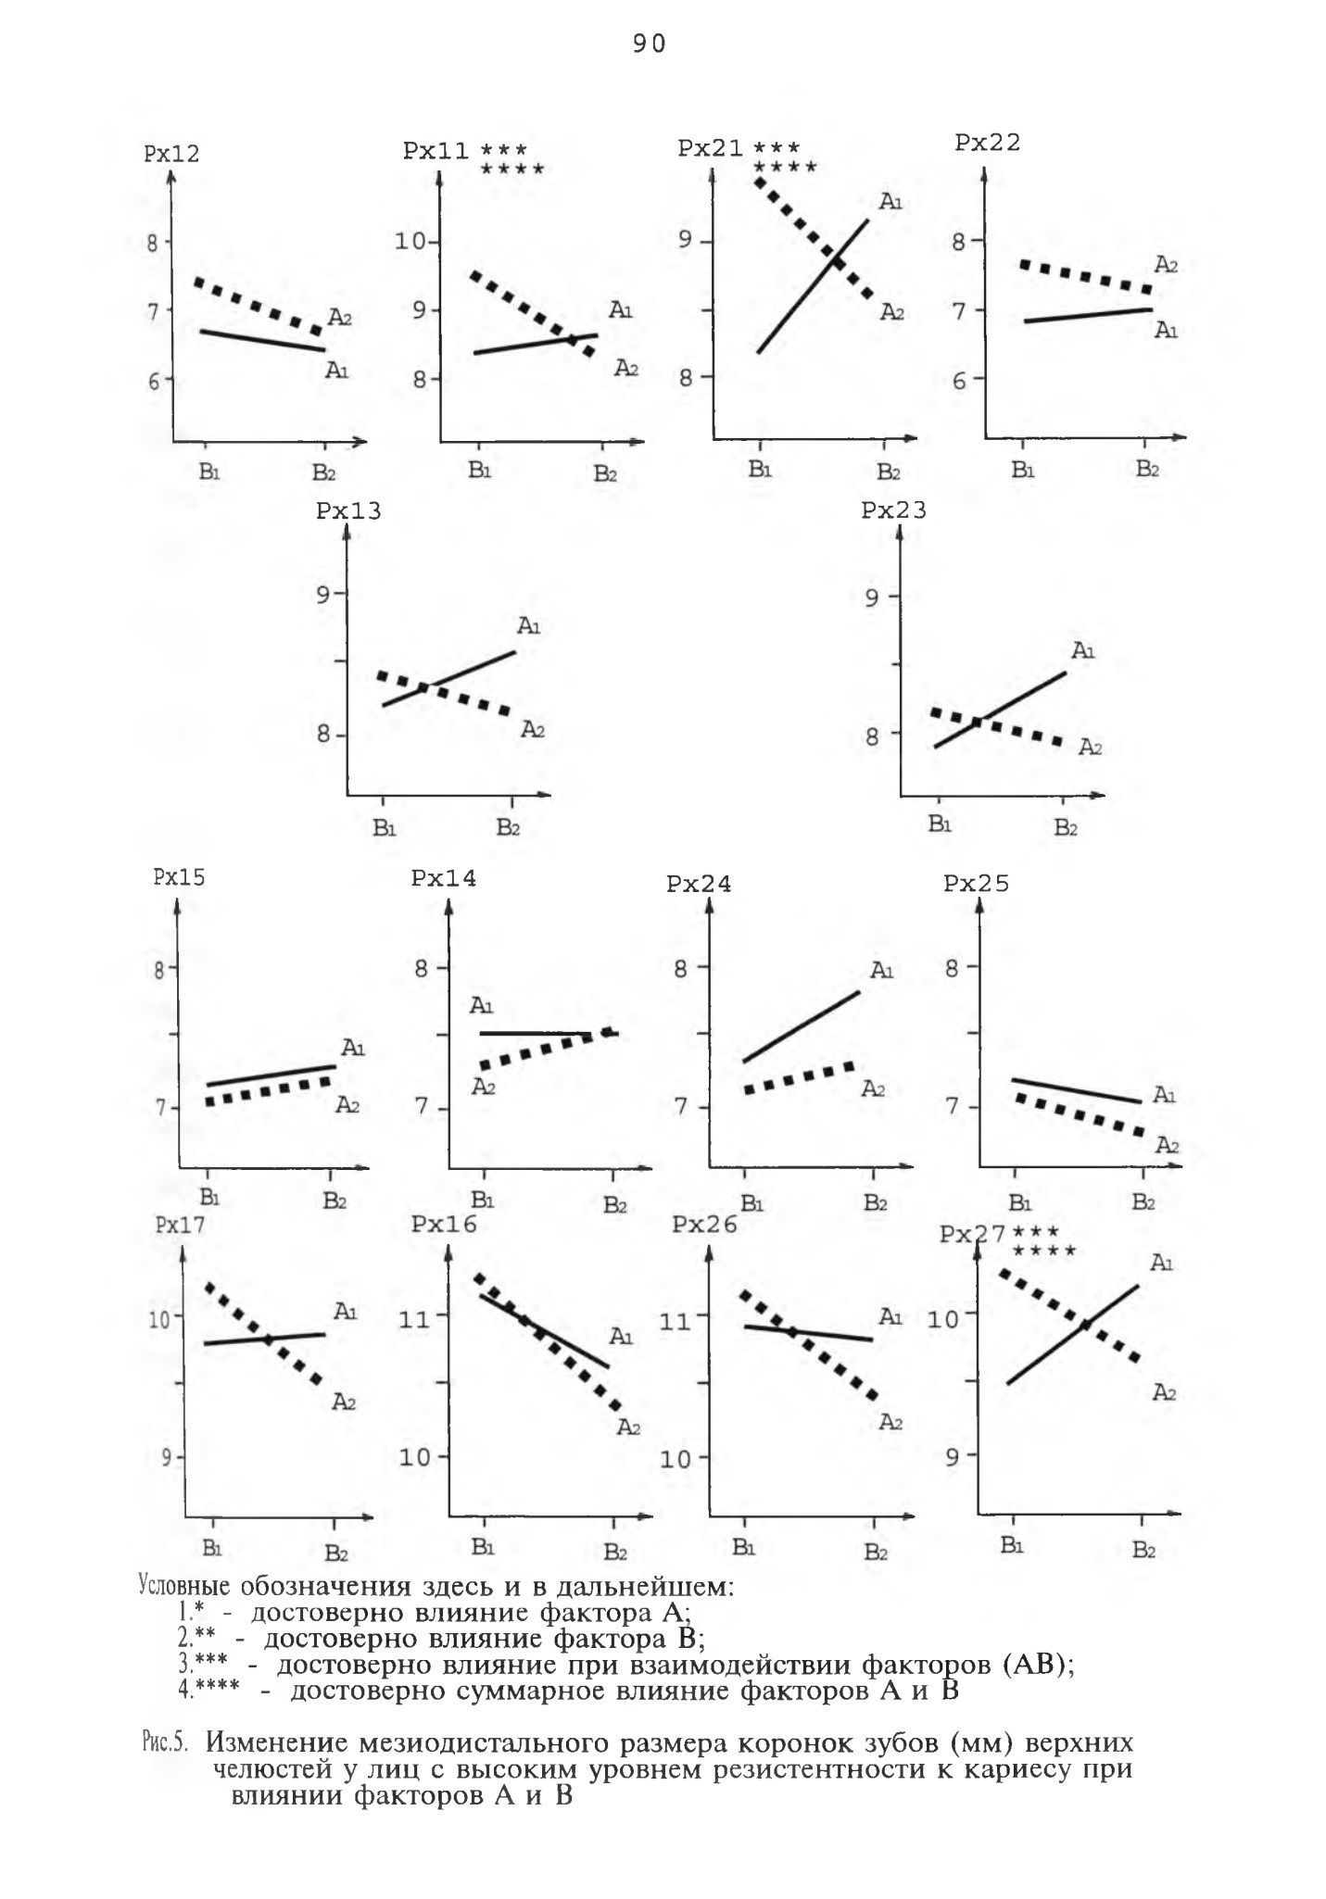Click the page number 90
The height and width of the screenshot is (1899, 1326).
point(649,44)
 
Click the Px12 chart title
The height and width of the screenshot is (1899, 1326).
point(171,154)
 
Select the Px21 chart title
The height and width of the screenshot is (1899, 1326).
point(711,148)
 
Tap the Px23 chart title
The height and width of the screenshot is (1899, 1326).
point(893,510)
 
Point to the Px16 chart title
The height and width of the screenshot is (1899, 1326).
point(444,1224)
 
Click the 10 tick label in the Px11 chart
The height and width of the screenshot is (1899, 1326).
point(410,242)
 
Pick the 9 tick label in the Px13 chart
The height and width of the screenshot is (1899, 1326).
point(322,594)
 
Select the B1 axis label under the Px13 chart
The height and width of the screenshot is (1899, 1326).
point(385,827)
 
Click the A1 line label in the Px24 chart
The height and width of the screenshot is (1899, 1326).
point(881,971)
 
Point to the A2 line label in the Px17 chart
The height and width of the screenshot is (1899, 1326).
point(344,1402)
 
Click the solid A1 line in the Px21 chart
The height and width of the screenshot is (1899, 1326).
point(813,286)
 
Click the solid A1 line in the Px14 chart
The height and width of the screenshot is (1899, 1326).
point(549,1033)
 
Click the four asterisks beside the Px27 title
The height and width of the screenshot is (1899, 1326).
point(1044,1251)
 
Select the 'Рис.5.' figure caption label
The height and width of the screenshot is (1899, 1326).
point(165,1742)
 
